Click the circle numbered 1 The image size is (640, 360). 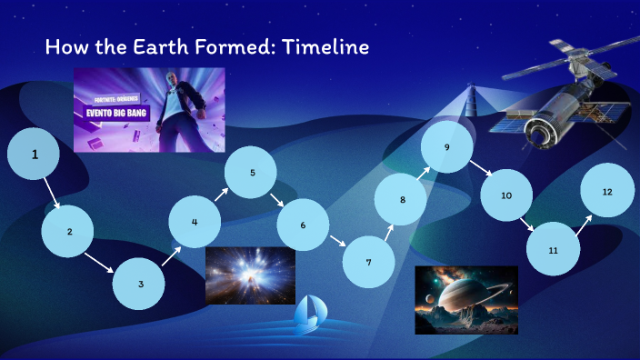[x=34, y=155]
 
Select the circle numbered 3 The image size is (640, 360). [x=140, y=284]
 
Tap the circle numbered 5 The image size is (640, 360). [x=252, y=172]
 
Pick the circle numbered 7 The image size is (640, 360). [x=368, y=262]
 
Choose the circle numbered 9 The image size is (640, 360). [x=446, y=146]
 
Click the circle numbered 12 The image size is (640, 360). [x=606, y=192]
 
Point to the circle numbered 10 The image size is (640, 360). [x=506, y=195]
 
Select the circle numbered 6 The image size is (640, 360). [x=303, y=225]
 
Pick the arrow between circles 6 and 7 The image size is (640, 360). [x=337, y=242]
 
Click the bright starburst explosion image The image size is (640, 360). [x=250, y=275]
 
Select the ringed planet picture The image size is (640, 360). [x=465, y=300]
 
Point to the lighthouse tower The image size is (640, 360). [x=472, y=102]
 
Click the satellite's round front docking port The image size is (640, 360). [x=543, y=134]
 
